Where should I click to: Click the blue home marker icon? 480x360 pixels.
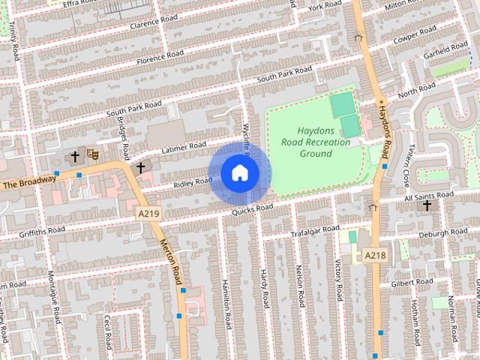click(239, 172)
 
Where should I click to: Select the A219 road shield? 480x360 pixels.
click(148, 214)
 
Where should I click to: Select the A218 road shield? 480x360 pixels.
click(375, 256)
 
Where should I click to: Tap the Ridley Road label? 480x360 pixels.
click(193, 181)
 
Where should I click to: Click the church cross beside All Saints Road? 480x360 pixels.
click(427, 205)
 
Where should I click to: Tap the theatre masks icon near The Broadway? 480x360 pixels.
click(93, 154)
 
